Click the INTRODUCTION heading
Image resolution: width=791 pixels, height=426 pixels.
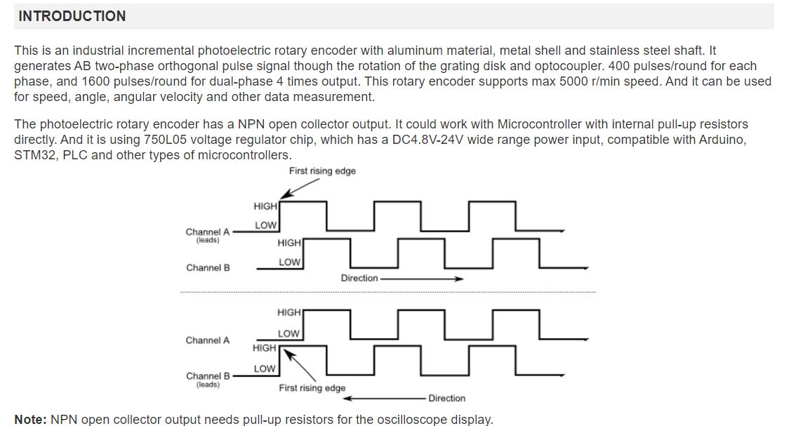tap(72, 16)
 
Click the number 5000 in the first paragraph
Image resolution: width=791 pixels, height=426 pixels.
tap(573, 81)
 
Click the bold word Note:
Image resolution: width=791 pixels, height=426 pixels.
tap(30, 420)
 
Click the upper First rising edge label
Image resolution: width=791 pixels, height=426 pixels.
tap(322, 171)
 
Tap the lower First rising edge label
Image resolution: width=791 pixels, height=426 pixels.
tap(312, 387)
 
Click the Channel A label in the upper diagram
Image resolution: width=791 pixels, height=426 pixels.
tap(207, 232)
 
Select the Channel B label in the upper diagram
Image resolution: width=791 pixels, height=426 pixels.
tap(208, 267)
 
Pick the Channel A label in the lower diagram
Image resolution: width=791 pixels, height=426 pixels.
tap(207, 340)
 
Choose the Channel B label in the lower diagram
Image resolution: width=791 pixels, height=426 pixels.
tap(208, 376)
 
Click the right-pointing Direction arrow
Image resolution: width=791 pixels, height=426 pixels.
tap(422, 279)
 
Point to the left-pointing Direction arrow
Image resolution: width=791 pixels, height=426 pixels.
tap(385, 398)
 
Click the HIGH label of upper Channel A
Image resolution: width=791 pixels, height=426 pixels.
tap(265, 206)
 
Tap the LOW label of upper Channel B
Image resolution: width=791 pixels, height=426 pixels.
tap(290, 262)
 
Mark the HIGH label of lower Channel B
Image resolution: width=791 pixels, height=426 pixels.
tap(265, 348)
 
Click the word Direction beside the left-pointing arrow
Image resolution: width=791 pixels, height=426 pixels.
tap(447, 398)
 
